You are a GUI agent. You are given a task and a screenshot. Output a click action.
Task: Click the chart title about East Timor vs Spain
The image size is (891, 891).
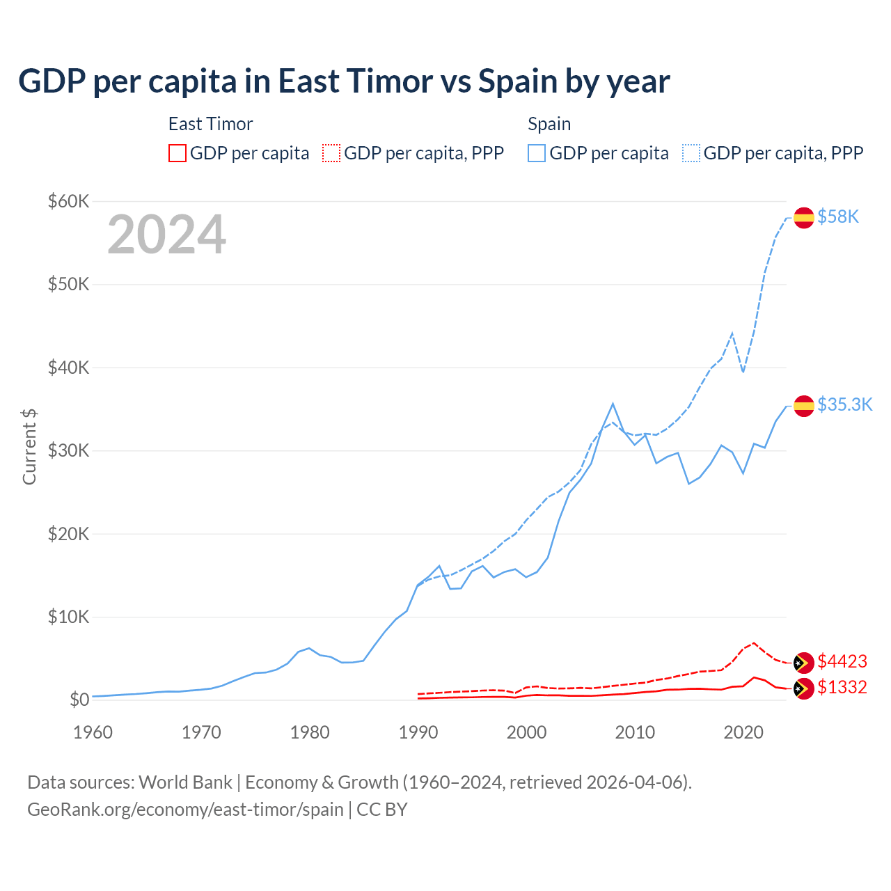[x=344, y=81]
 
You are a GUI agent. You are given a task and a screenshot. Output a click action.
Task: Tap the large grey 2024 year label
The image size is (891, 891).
[x=166, y=235]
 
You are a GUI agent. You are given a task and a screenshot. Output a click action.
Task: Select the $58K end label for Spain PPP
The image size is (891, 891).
[x=838, y=217]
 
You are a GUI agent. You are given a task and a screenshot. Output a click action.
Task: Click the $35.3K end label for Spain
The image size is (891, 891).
[x=844, y=405]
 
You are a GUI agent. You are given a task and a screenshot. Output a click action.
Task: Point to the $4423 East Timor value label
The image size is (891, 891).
[x=842, y=661]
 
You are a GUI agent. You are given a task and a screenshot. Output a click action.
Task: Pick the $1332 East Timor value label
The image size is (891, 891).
[x=842, y=688]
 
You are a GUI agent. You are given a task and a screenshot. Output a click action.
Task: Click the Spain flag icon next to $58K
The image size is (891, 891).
[x=804, y=218]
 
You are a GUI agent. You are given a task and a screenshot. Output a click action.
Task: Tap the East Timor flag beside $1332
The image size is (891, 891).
[x=804, y=688]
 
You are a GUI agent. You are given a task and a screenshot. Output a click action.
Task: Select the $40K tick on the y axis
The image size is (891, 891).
[x=68, y=368]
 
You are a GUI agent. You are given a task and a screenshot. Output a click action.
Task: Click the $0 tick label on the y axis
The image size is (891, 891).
[x=79, y=700]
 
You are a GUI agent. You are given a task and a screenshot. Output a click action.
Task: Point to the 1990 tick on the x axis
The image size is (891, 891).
[x=418, y=732]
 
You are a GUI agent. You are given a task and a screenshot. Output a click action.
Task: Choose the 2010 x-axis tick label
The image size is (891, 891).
[x=635, y=732]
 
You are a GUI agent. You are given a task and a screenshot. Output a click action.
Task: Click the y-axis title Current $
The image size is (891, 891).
[x=29, y=446]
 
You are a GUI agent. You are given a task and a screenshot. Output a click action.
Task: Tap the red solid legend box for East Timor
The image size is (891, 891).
[x=178, y=153]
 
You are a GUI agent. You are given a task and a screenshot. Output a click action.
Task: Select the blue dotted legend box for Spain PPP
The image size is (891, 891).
[x=691, y=153]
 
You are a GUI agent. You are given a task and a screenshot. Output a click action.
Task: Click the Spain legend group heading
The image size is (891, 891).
[x=549, y=124]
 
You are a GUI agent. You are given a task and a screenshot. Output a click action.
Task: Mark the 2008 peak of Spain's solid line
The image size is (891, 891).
[x=613, y=404]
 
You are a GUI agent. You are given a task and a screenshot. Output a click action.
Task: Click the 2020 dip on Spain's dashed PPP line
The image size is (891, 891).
[x=743, y=372]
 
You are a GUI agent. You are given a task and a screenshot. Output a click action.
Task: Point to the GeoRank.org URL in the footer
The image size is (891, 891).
[x=185, y=810]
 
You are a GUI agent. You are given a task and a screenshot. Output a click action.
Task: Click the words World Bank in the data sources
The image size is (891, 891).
[x=185, y=782]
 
